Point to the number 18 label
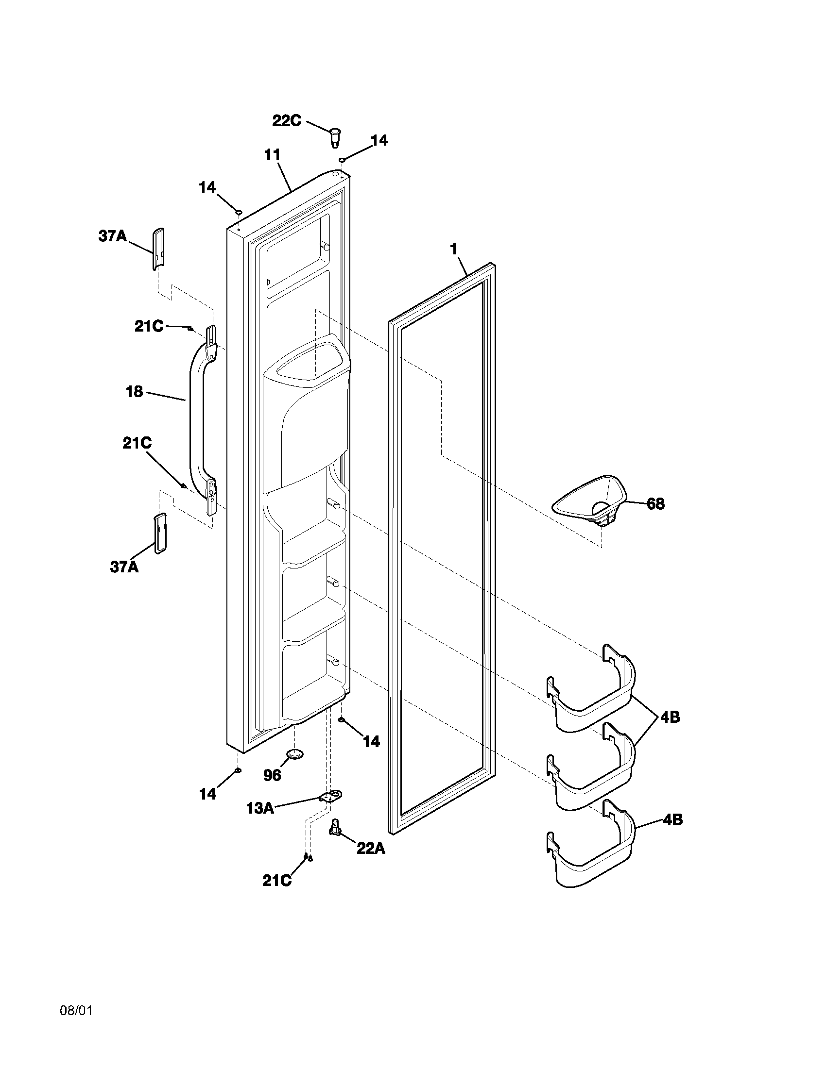pos(134,391)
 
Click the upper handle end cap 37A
pos(157,248)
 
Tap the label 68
pos(656,504)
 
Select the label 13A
pos(260,808)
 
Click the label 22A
pos(370,848)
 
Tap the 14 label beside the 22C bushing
pos(379,140)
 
